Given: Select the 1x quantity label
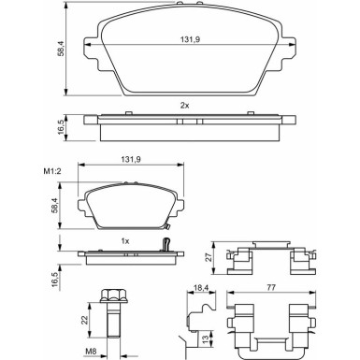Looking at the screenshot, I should [x=124, y=241].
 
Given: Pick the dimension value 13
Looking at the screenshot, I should [x=208, y=338].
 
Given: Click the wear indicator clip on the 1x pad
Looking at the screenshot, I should [x=166, y=247].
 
